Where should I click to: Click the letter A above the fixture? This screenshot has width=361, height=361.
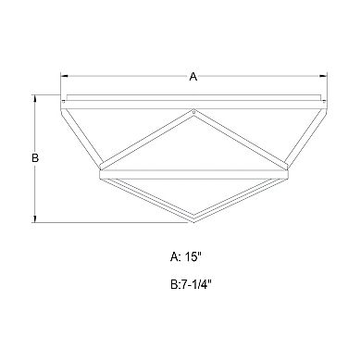point(193,78)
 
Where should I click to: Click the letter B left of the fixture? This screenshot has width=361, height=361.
point(35,158)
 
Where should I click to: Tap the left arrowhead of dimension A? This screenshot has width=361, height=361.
point(64,78)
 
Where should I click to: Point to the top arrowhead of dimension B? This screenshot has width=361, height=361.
point(35,97)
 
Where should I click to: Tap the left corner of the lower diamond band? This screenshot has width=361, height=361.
point(100,171)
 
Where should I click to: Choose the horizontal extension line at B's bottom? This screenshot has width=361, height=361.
point(111,222)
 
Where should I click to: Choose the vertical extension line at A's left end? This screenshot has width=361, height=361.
point(60,85)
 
